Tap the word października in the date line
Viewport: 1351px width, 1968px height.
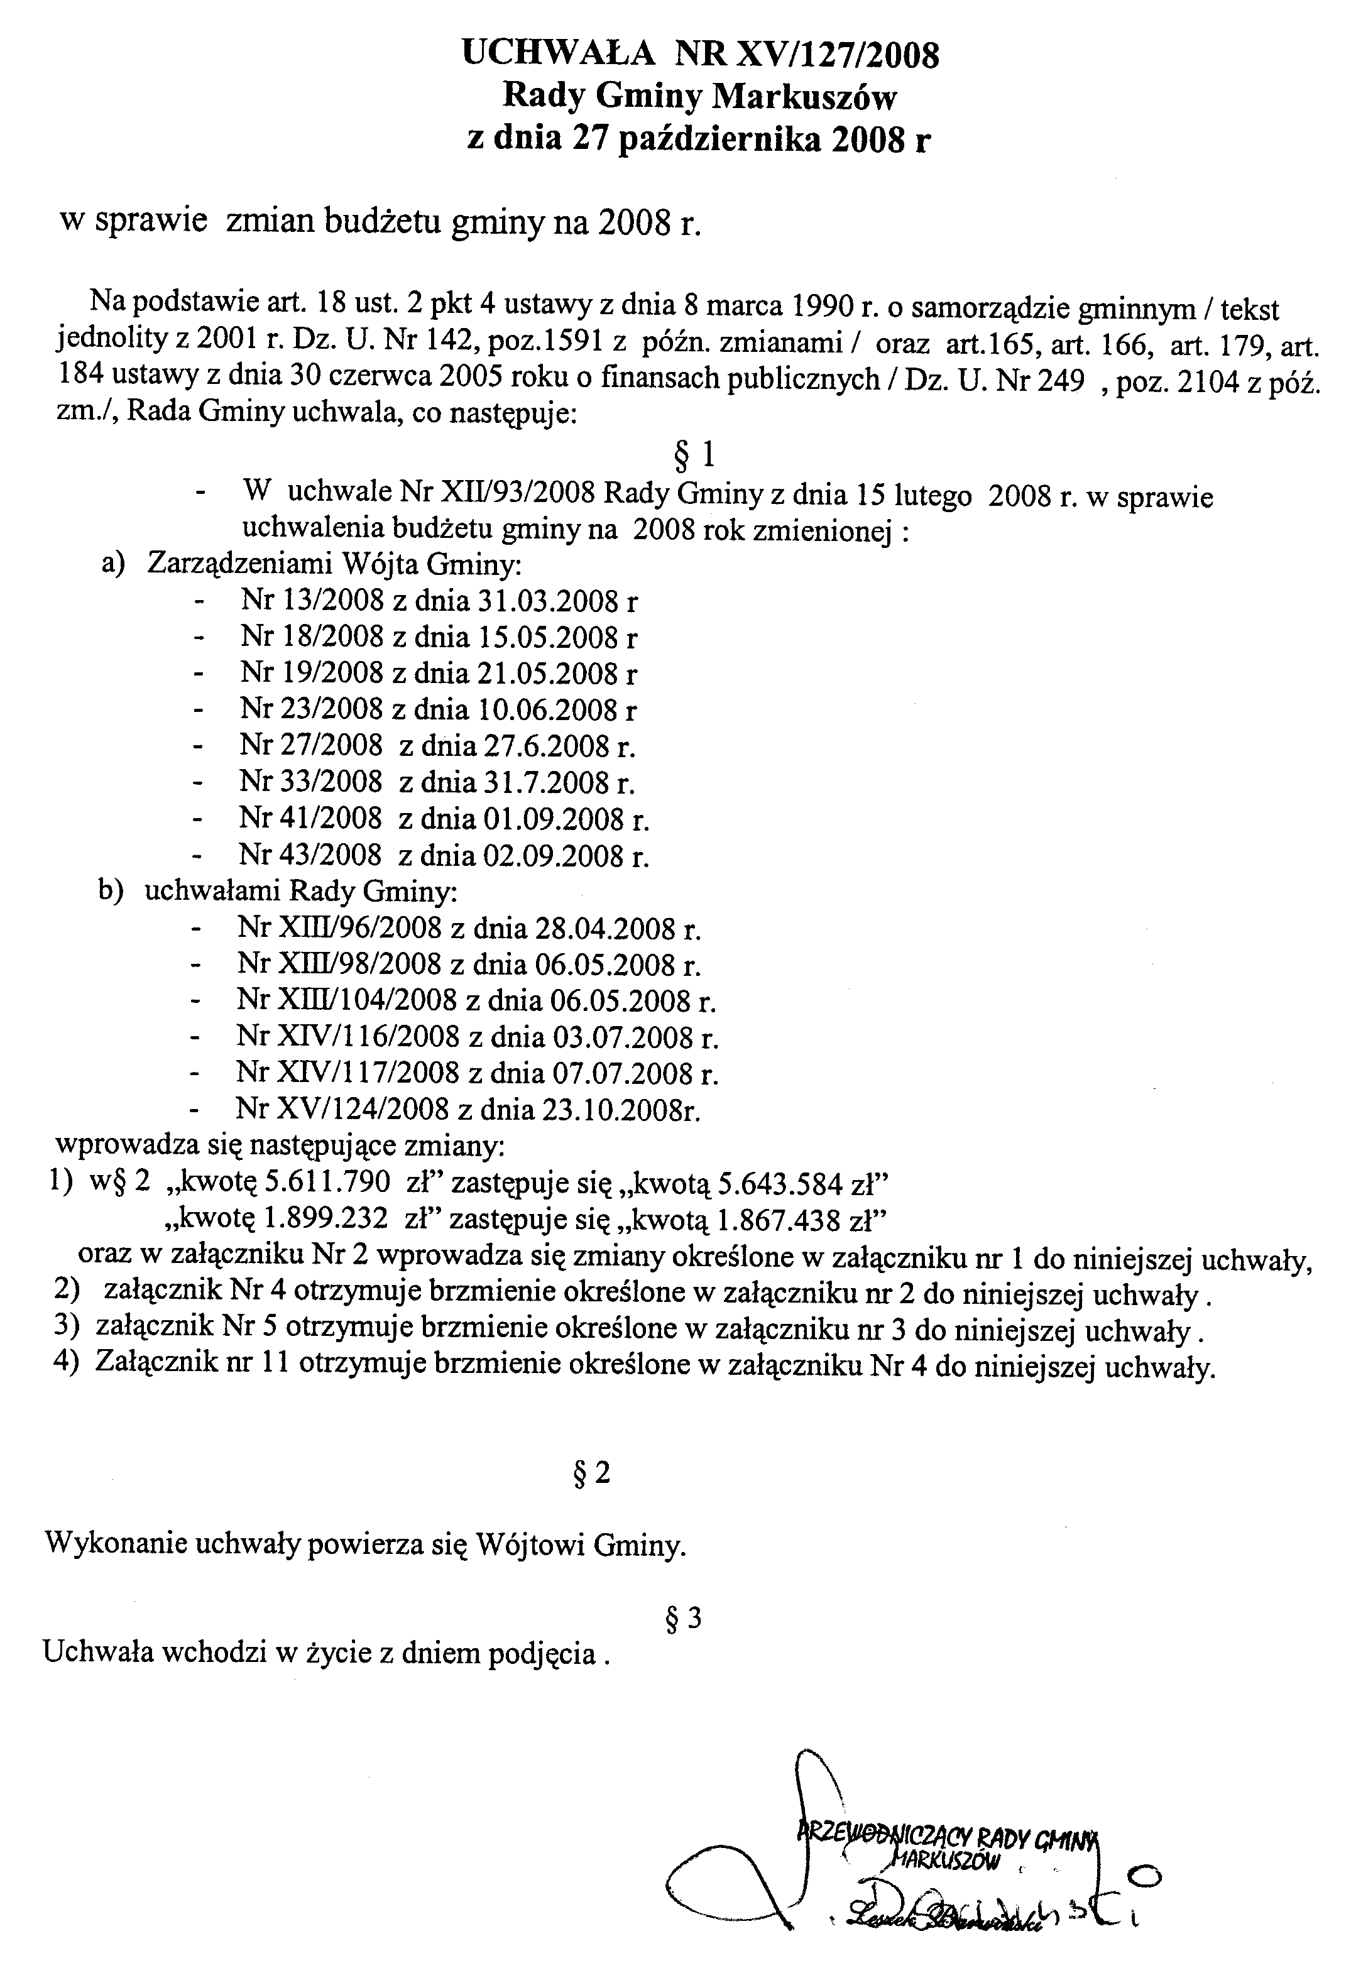723,138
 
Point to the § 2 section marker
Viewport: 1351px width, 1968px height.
591,1473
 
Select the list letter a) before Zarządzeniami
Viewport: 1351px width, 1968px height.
114,564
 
